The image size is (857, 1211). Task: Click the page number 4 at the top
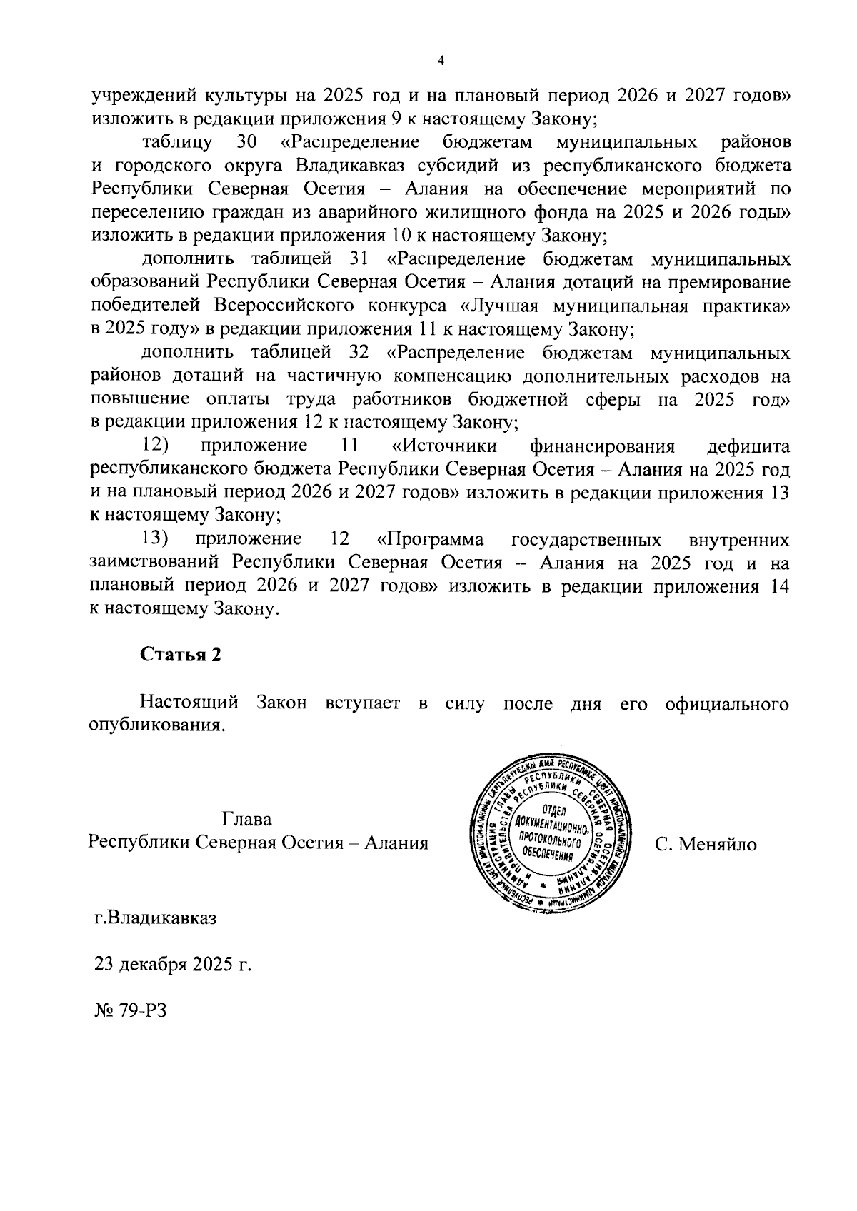point(441,61)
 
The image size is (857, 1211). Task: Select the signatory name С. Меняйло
point(706,844)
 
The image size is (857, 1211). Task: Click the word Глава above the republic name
point(247,819)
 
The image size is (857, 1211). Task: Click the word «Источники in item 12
point(444,446)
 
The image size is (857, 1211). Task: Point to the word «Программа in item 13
point(430,539)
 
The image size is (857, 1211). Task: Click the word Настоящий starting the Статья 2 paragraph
point(189,703)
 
